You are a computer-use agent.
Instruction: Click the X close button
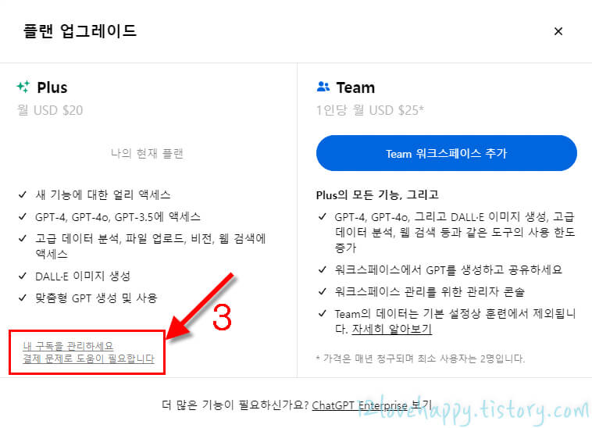(x=558, y=31)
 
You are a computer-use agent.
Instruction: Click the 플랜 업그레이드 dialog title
(x=76, y=31)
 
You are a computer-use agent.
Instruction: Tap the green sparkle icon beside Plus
(x=23, y=87)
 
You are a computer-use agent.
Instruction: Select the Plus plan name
(x=52, y=87)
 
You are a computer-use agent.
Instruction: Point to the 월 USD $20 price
(x=49, y=110)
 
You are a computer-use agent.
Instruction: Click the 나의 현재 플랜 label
(x=147, y=153)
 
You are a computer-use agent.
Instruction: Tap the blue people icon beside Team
(x=323, y=87)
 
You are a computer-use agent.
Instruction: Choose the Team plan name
(x=355, y=87)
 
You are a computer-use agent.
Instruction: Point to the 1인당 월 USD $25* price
(x=370, y=110)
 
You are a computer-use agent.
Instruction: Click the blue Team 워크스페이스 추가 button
(x=446, y=153)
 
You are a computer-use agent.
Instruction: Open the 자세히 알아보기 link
(x=392, y=329)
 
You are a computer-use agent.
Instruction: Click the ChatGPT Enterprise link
(x=360, y=405)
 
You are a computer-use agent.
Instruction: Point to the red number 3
(x=223, y=316)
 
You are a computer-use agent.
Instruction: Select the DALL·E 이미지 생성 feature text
(x=82, y=276)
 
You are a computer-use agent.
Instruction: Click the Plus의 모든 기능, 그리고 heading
(x=377, y=194)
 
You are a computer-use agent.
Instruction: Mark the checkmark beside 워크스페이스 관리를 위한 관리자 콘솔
(x=323, y=291)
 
